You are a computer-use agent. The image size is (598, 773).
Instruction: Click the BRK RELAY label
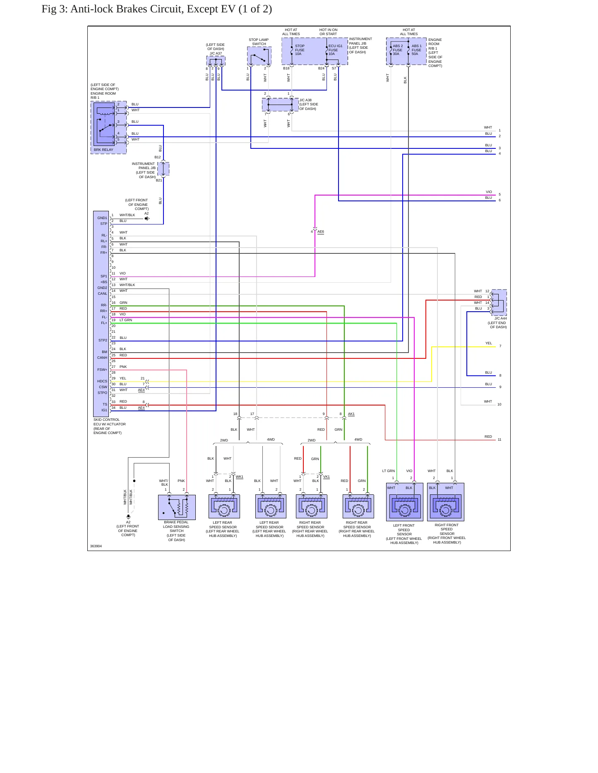103,150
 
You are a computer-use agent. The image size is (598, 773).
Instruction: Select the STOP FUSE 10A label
300,50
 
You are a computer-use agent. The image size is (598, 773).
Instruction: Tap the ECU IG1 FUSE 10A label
335,50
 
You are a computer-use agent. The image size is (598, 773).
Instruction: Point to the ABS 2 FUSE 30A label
397,50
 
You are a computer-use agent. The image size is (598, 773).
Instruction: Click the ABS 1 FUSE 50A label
416,50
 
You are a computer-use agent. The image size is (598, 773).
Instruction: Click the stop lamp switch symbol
259,56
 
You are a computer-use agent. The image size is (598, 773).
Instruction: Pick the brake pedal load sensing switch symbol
177,507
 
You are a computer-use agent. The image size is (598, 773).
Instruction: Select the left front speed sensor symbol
404,502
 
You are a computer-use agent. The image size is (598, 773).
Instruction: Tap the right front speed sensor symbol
446,502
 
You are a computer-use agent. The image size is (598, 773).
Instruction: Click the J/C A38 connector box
280,105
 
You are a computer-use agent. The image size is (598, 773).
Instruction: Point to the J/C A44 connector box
499,303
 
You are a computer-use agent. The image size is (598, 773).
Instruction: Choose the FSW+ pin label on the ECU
102,370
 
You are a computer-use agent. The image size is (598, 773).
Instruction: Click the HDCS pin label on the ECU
102,381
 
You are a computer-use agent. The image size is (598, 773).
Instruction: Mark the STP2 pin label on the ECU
103,340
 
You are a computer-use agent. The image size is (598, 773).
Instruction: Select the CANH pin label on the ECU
102,358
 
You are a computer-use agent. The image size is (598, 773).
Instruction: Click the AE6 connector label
321,231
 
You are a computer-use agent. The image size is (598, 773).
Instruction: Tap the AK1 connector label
351,414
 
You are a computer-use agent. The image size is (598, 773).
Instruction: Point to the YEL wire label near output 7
489,343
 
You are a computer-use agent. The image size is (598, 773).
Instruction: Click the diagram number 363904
96,546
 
